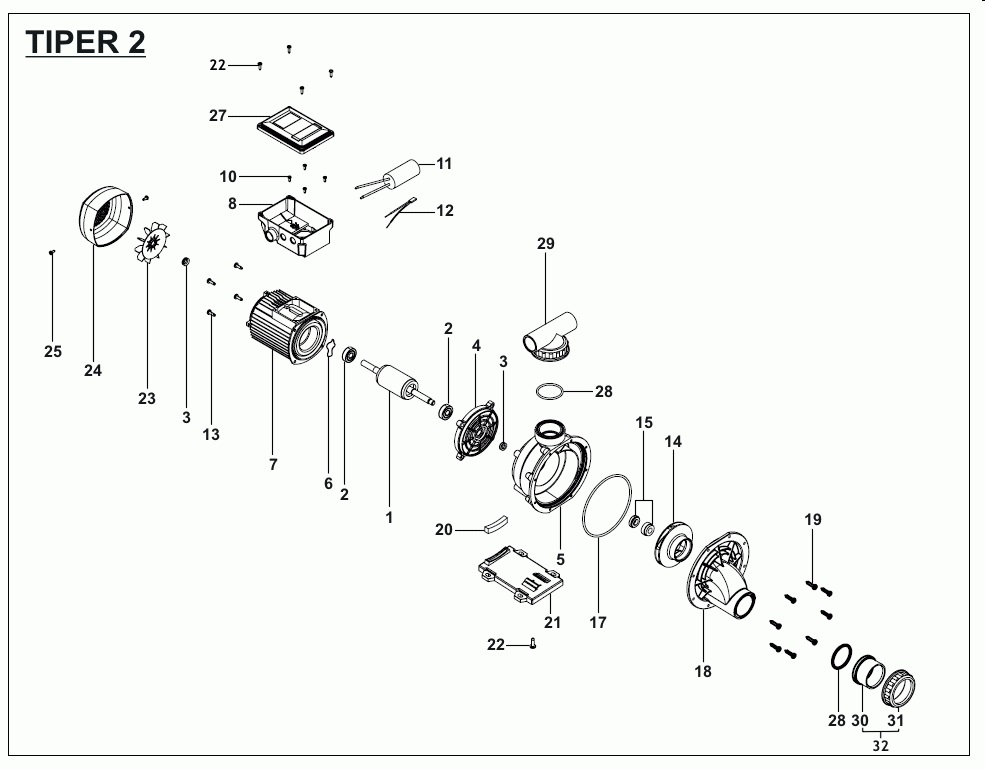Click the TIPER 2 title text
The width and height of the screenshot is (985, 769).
click(85, 43)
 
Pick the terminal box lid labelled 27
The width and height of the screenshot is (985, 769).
click(295, 126)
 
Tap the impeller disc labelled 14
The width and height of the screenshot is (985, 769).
click(673, 542)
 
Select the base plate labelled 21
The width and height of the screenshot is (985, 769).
click(520, 578)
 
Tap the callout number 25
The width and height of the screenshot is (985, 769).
click(53, 351)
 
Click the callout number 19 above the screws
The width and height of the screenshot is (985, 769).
click(812, 519)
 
